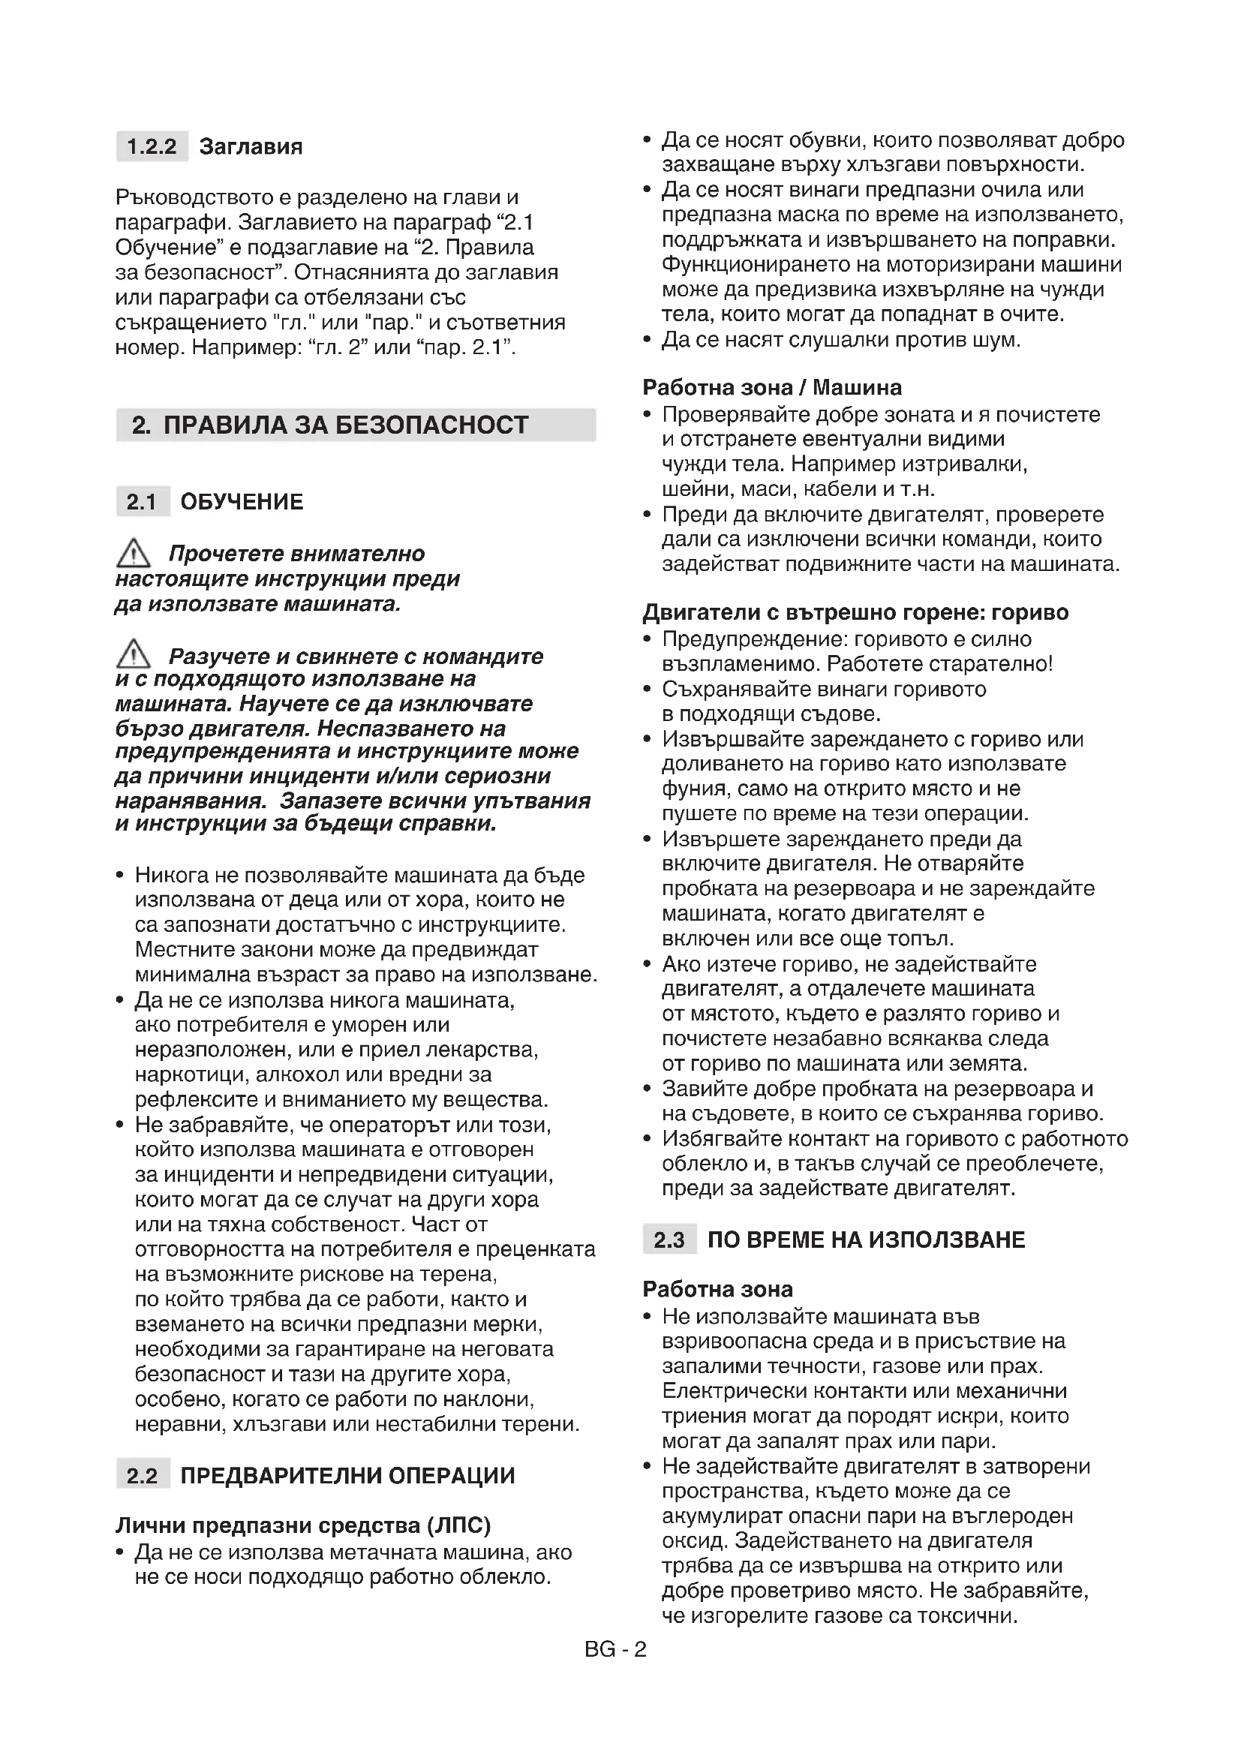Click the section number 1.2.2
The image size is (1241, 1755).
pyautogui.click(x=152, y=146)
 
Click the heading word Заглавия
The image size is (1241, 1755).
pyautogui.click(x=251, y=146)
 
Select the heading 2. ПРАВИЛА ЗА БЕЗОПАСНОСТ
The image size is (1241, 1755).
pyautogui.click(x=330, y=425)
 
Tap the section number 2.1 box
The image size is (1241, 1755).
pyautogui.click(x=142, y=501)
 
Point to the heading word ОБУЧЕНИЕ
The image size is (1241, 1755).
pyautogui.click(x=242, y=501)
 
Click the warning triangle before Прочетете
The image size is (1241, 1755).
pyautogui.click(x=133, y=552)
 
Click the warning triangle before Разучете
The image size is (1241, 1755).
pyautogui.click(x=133, y=654)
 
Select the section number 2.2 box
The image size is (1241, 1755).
pyautogui.click(x=142, y=1475)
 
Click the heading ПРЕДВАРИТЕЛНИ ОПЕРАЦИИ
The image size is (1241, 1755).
pyautogui.click(x=347, y=1475)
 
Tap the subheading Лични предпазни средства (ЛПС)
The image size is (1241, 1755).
pyautogui.click(x=302, y=1525)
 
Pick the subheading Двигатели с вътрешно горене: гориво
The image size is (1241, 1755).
pyautogui.click(x=855, y=612)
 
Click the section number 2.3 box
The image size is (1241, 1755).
pyautogui.click(x=669, y=1239)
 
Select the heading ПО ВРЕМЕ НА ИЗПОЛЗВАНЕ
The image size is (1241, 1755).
pyautogui.click(x=866, y=1239)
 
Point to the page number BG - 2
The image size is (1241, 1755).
pyautogui.click(x=615, y=1649)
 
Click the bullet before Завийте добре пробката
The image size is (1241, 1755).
pyautogui.click(x=648, y=1089)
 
